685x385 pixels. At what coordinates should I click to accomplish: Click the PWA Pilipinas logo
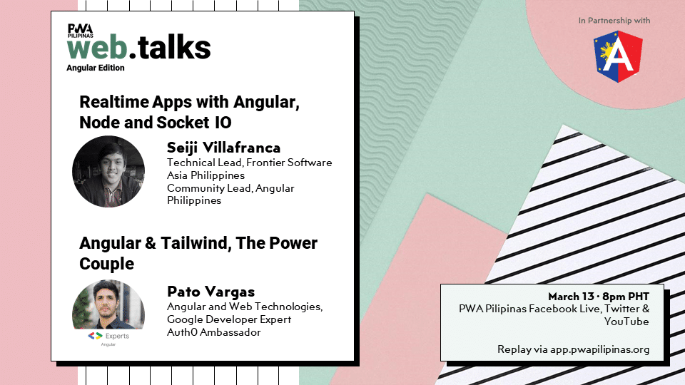[x=81, y=31]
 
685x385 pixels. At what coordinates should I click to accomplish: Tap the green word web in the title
[x=97, y=48]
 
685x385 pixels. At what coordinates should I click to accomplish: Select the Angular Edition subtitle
[x=95, y=68]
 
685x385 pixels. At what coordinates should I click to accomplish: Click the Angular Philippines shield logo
[x=618, y=56]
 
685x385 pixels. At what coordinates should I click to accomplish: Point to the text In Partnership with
[x=614, y=21]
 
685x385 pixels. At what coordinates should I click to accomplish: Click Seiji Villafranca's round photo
[x=108, y=172]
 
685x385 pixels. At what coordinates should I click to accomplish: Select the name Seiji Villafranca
[x=223, y=148]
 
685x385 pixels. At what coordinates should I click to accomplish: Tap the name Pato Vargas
[x=211, y=292]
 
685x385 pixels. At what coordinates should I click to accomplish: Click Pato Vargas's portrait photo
[x=108, y=304]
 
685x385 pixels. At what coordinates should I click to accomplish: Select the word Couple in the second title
[x=106, y=264]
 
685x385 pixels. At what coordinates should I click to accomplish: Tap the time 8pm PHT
[x=626, y=297]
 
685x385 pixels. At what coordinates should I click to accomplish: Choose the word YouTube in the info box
[x=626, y=322]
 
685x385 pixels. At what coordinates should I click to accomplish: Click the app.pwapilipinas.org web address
[x=600, y=349]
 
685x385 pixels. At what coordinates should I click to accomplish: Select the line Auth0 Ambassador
[x=213, y=332]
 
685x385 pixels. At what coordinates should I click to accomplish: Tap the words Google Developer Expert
[x=229, y=319]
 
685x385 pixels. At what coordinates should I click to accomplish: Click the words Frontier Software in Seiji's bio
[x=289, y=163]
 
